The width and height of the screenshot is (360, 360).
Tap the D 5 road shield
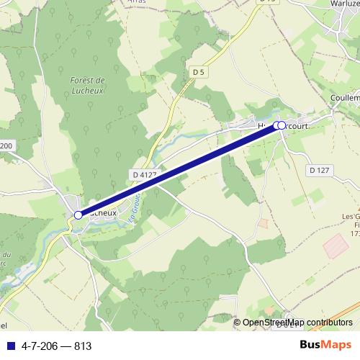pos(199,71)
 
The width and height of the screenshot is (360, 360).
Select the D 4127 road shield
pos(145,174)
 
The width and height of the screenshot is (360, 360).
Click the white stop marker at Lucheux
pos(78,215)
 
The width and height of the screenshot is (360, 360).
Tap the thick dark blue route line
pos(180,169)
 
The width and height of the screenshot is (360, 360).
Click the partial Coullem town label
pos(344,98)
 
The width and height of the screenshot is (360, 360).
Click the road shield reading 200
pos(6,146)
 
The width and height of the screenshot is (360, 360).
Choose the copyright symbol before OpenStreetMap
pos(238,323)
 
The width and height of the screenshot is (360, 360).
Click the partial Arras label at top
pos(136,2)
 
